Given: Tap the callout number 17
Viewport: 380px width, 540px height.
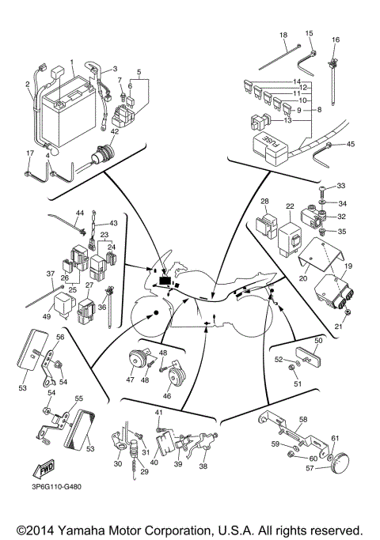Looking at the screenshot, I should tap(30, 153).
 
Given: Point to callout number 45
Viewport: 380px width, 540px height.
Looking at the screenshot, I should tap(351, 144).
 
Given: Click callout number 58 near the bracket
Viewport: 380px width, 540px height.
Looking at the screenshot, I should tap(302, 419).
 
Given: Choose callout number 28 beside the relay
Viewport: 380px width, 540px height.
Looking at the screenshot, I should tap(265, 202).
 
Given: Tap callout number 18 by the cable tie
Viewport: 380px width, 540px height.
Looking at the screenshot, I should tap(283, 36).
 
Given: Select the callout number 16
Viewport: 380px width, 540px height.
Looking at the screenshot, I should tap(335, 40).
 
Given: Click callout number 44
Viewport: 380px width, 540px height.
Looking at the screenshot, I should tap(79, 213).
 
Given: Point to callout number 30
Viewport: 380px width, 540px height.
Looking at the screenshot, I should tap(118, 464).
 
